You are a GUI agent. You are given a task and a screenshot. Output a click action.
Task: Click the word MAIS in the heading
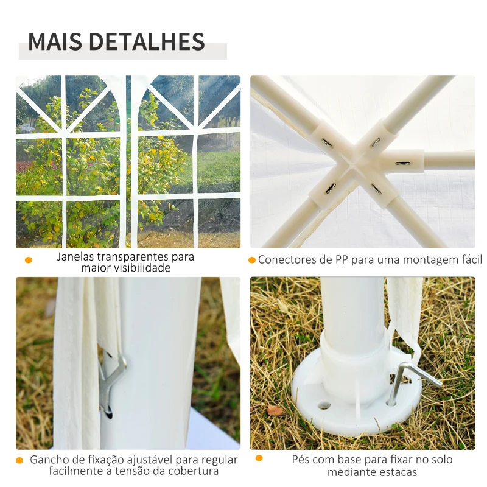click(x=55, y=41)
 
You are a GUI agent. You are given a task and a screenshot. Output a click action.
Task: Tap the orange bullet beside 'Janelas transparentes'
click(x=28, y=261)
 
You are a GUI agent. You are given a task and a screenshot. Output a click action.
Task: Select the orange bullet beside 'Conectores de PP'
click(x=252, y=260)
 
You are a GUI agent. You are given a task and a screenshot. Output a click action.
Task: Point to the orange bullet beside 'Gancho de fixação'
click(x=20, y=460)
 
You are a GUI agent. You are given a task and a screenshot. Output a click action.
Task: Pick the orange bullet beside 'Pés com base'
click(x=259, y=458)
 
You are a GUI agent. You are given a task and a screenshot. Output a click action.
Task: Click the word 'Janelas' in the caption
click(x=77, y=256)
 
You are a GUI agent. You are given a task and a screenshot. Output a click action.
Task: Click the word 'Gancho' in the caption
click(x=50, y=460)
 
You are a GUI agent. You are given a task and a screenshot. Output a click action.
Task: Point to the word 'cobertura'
click(x=194, y=471)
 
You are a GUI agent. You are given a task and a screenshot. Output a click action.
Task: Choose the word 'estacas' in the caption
click(x=396, y=472)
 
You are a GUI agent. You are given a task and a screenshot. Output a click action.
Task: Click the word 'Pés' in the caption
click(x=301, y=460)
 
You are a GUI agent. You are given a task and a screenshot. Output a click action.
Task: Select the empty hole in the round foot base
click(x=323, y=405)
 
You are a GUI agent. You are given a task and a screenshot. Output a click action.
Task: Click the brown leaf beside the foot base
click(x=276, y=410)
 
